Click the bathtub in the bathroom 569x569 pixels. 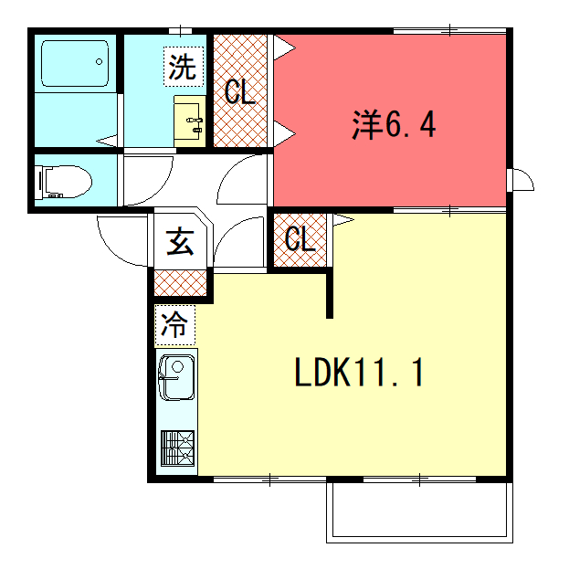coord(75,64)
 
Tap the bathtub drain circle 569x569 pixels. coord(99,62)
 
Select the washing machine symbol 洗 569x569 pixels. coord(184,67)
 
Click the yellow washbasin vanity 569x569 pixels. coord(190,121)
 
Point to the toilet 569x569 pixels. coord(64,182)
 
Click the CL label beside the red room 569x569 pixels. coord(240,92)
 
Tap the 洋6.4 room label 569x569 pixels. coord(394,124)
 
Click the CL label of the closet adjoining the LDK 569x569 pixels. coord(300,238)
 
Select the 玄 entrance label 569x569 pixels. coord(180,241)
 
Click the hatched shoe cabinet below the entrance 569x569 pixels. coord(180,283)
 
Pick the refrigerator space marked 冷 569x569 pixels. coord(175,325)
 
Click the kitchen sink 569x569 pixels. coord(176,377)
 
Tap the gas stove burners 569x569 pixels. coord(177,448)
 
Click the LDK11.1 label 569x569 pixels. coord(359,373)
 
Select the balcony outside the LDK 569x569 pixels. coord(419,512)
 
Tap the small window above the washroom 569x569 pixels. coord(180,31)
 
